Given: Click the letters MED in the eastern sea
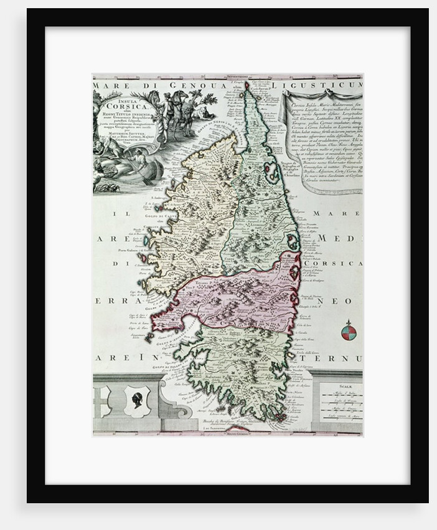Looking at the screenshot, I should [341, 238].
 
